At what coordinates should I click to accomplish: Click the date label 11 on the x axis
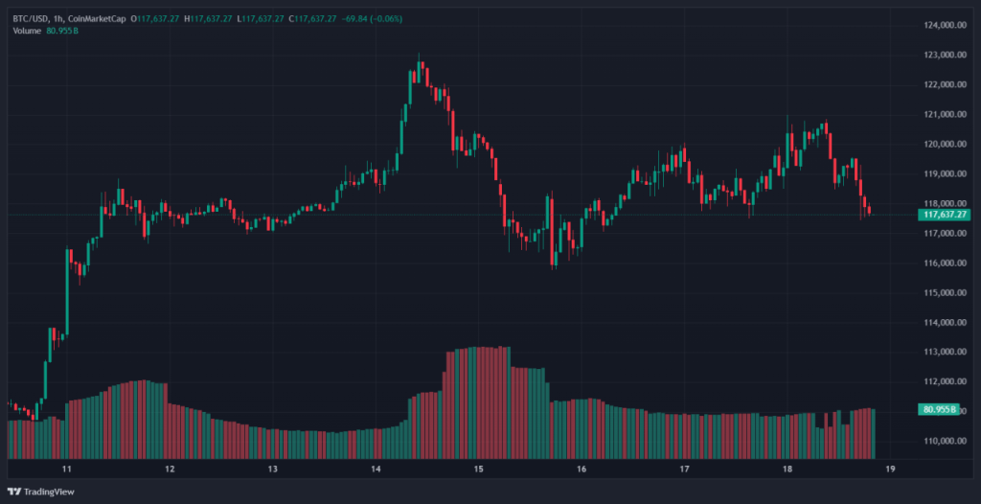tap(67, 470)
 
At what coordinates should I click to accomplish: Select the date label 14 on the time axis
tap(376, 470)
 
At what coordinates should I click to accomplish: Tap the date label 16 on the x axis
tap(582, 470)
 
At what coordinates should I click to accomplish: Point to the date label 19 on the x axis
tap(890, 470)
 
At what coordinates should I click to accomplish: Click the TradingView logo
tap(43, 493)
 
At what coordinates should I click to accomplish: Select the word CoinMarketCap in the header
tap(100, 18)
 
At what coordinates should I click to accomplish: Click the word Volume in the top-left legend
tap(27, 32)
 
